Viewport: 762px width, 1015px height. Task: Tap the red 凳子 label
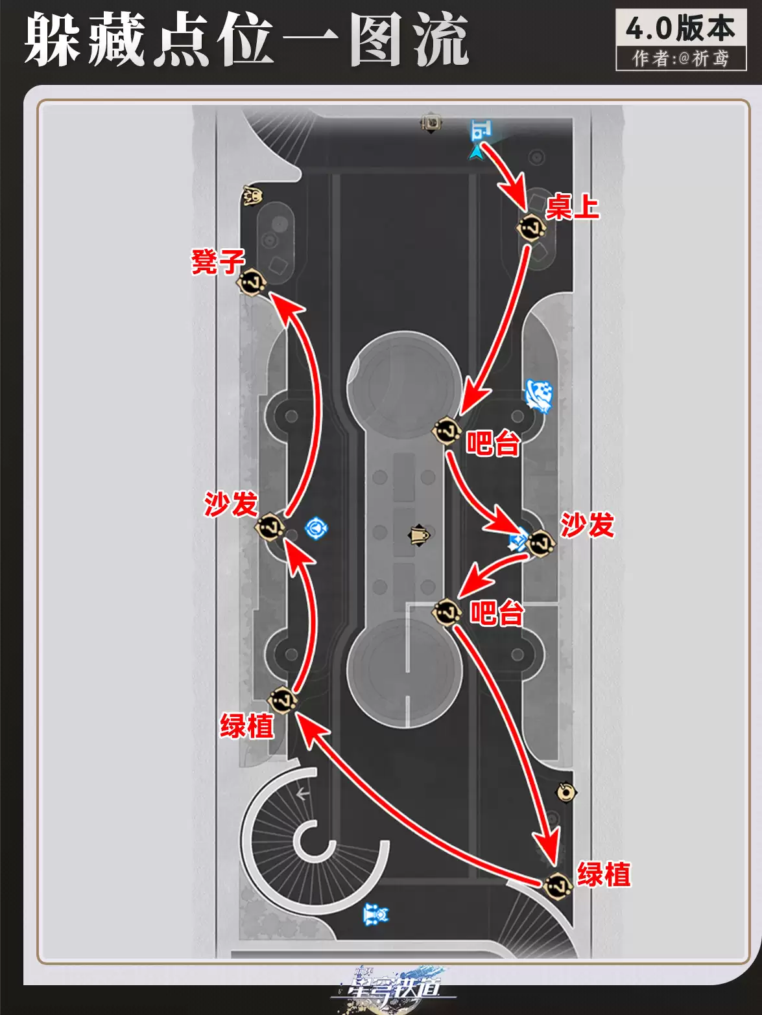[218, 261]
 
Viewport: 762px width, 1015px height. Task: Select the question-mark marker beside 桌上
[531, 227]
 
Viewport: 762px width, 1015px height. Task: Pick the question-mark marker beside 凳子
[252, 282]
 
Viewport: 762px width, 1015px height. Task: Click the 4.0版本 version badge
[681, 29]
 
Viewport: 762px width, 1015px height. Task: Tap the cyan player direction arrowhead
[475, 152]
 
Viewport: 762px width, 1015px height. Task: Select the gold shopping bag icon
[419, 535]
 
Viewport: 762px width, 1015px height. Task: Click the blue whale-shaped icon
[539, 395]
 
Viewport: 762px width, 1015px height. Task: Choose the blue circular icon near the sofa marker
[316, 528]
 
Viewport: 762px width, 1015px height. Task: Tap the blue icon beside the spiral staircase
[376, 915]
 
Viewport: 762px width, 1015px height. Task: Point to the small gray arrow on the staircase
[303, 795]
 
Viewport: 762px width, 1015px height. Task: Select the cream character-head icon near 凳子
[253, 196]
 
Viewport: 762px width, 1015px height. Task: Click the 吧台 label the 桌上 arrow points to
[494, 443]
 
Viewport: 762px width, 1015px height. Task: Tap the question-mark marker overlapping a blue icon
[540, 543]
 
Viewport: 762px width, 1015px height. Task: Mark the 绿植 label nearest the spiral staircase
[247, 725]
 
